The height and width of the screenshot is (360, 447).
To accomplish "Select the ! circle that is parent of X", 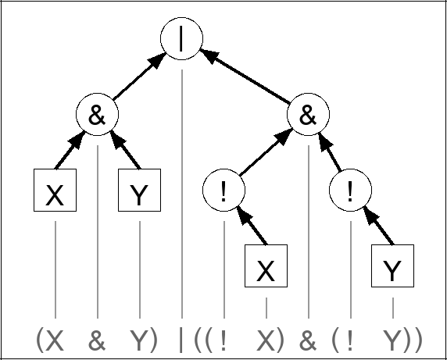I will coord(223,191).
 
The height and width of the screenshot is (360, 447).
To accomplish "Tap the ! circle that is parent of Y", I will coord(351,191).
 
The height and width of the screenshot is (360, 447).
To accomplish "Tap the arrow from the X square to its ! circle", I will coord(246,227).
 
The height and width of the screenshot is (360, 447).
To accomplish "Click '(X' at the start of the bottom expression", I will coord(50,340).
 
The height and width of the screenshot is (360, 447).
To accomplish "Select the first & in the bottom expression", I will coord(97,340).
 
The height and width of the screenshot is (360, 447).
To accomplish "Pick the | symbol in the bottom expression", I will coord(181,340).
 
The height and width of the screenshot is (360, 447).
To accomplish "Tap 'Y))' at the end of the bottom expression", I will coord(402,340).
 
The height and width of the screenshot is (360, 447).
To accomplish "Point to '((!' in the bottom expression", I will coord(211,340).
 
